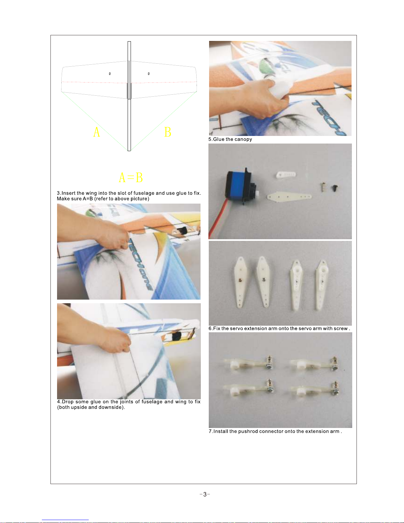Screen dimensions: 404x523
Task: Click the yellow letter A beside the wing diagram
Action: click(96, 132)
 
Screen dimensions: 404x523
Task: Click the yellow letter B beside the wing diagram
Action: click(168, 132)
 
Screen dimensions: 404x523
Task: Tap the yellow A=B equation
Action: click(131, 178)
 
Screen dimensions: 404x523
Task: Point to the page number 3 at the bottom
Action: click(205, 494)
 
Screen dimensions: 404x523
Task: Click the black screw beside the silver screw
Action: click(334, 188)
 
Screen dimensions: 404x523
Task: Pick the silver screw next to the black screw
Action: click(323, 187)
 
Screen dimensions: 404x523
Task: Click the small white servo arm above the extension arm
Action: click(286, 175)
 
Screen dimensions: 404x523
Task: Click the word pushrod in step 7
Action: click(246, 431)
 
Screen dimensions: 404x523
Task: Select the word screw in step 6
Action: click(340, 329)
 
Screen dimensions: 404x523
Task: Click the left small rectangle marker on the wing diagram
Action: click(110, 74)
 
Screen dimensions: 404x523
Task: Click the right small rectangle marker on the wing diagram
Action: click(149, 74)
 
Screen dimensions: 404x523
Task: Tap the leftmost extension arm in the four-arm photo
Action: click(240, 282)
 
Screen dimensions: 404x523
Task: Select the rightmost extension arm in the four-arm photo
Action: click(322, 285)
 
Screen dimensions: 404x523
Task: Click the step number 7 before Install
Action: click(210, 431)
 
